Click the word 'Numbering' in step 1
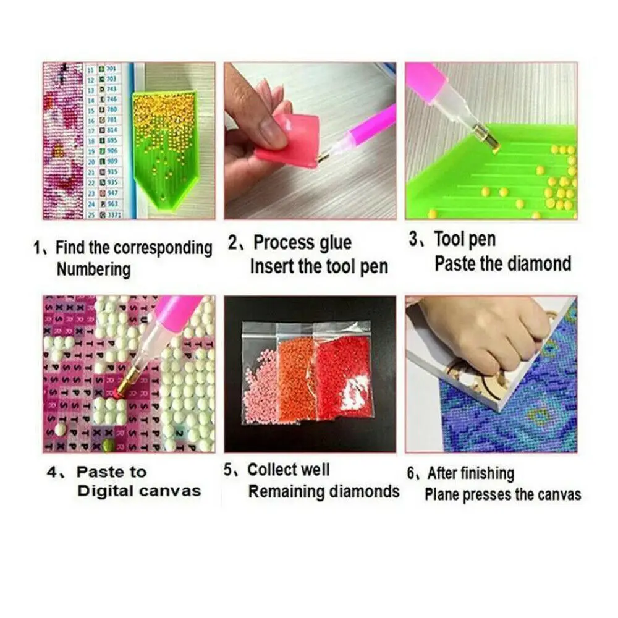(93, 269)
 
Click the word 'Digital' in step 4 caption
(104, 491)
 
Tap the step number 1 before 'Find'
(37, 249)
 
